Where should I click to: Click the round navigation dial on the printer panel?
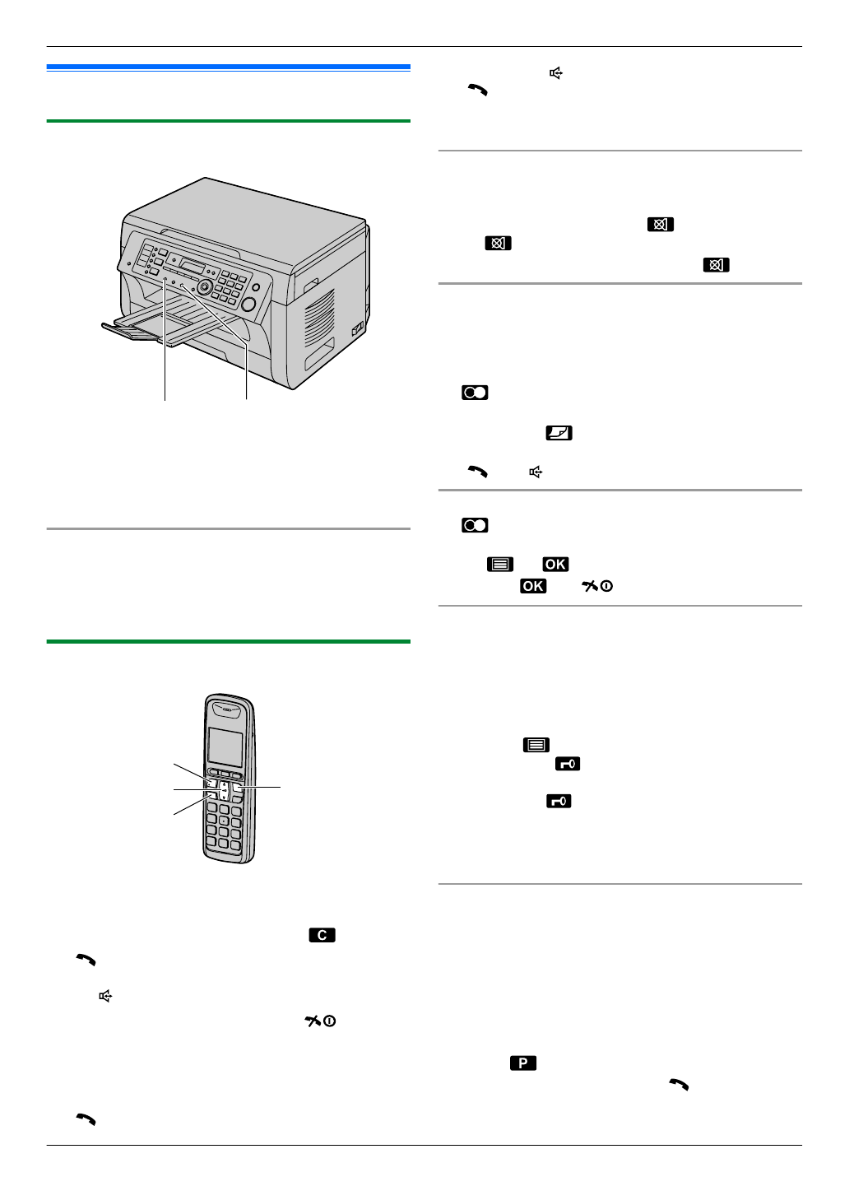coord(204,287)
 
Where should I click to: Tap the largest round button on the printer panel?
coord(248,304)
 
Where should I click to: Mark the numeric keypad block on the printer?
coord(231,286)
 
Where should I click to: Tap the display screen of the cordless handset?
coord(225,746)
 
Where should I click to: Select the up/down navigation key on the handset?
coord(224,791)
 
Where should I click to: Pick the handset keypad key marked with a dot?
coord(223,821)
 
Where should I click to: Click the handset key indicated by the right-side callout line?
coord(238,788)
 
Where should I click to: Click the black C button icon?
coord(322,935)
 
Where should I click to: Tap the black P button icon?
coord(522,1063)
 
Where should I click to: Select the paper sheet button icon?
coord(559,433)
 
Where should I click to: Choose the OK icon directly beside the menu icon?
coord(555,565)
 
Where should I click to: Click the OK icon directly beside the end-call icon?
coord(533,586)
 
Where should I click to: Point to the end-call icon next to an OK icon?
coord(596,586)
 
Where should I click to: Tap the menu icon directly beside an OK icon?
coord(499,565)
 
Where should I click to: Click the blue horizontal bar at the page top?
coord(228,67)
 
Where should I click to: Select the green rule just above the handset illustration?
coord(228,641)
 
